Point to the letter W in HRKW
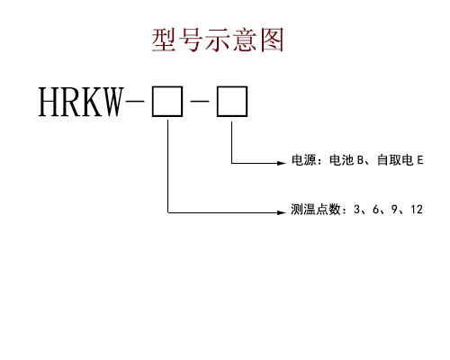(117, 103)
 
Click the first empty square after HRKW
(166, 103)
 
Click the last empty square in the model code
(232, 103)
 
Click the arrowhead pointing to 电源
(280, 163)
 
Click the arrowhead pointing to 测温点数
(280, 212)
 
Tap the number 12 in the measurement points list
(416, 211)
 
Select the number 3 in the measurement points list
(357, 211)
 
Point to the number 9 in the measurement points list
(395, 211)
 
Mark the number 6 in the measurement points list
(376, 211)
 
